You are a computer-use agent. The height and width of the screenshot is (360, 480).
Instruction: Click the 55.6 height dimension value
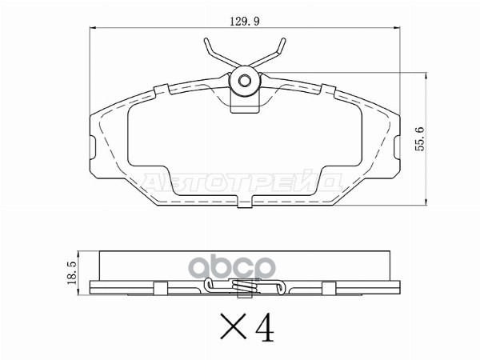(x=419, y=137)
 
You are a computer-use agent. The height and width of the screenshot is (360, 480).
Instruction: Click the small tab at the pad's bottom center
(x=242, y=207)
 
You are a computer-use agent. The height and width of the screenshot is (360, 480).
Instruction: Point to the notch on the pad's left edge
(x=90, y=147)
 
